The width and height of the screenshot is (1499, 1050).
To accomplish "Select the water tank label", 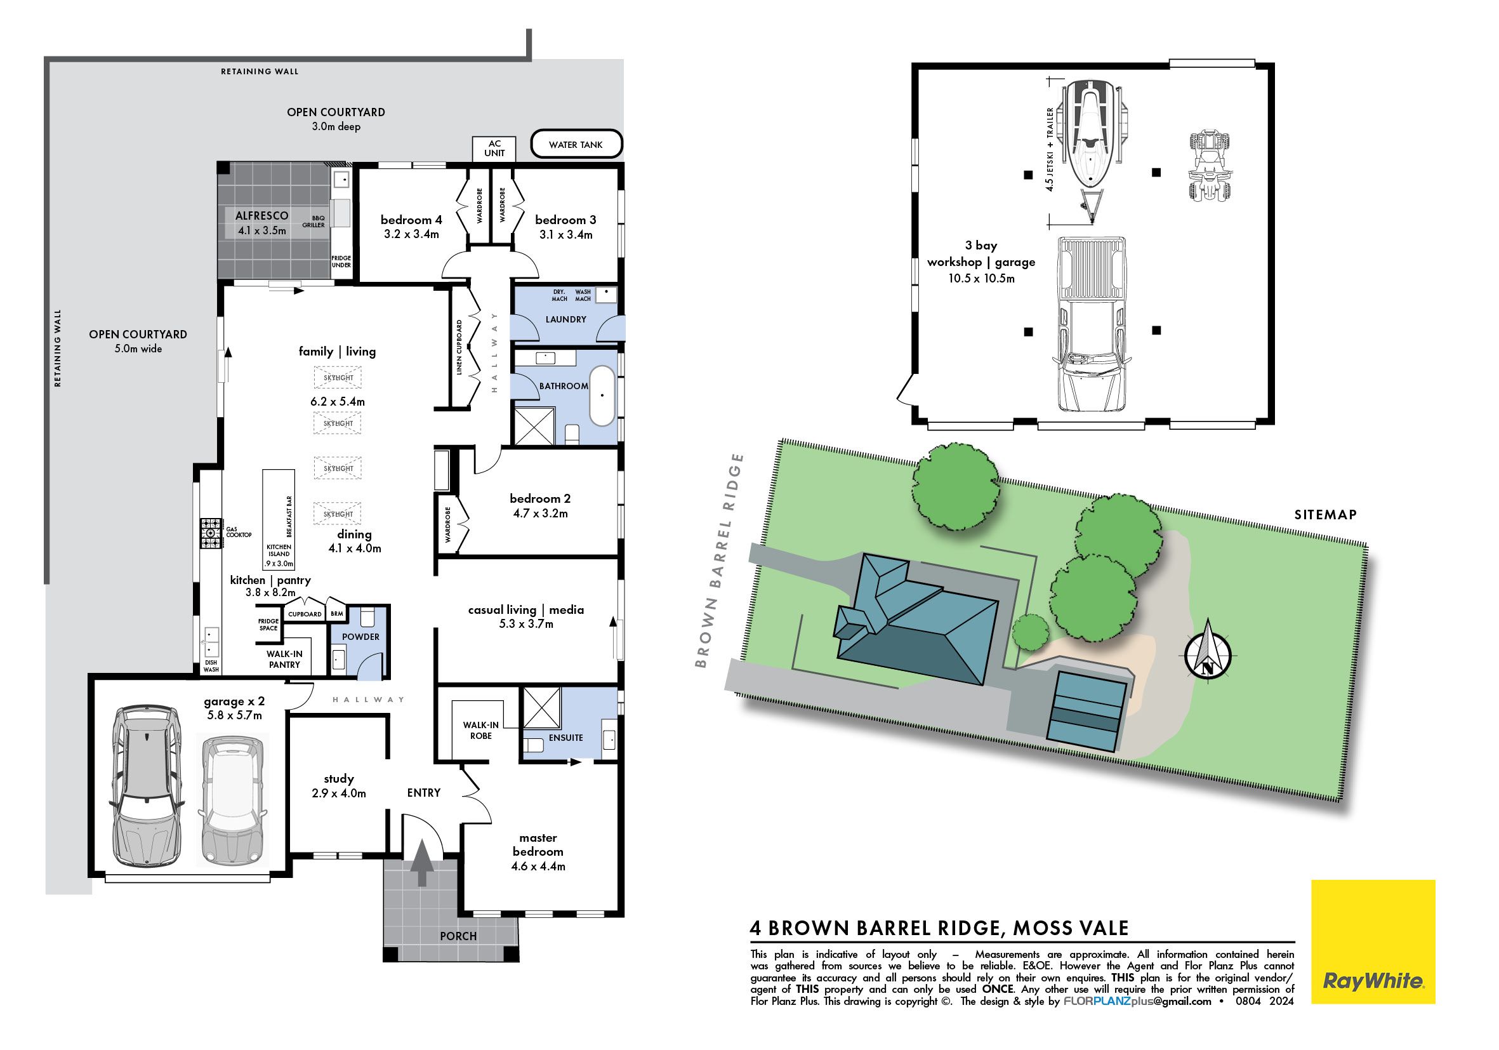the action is (x=575, y=145).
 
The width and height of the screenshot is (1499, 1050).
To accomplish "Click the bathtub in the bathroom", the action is (x=602, y=395).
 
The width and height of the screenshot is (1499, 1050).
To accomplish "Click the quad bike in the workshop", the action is (x=1210, y=166).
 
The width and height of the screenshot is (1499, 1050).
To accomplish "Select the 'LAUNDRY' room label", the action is (x=566, y=319).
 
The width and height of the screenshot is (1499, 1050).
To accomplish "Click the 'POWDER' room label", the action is (x=360, y=637).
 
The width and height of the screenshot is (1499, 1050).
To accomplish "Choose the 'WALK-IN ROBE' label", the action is (x=481, y=730).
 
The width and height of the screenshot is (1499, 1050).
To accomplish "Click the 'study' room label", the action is (x=339, y=779).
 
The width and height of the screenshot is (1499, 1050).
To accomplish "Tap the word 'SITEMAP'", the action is (x=1325, y=515).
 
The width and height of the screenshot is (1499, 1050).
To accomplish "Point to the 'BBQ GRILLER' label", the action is (x=314, y=222).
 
